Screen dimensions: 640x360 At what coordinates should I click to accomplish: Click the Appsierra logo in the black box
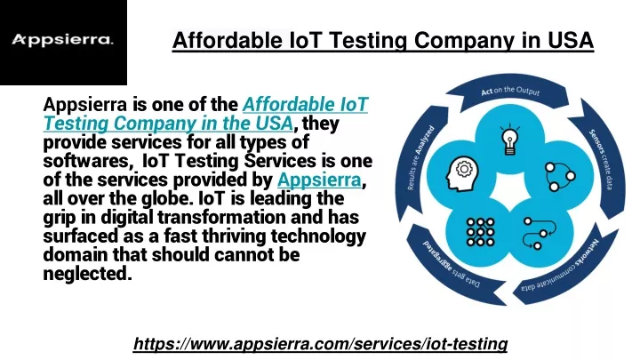pos(62,40)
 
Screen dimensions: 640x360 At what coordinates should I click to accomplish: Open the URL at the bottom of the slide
pos(320,344)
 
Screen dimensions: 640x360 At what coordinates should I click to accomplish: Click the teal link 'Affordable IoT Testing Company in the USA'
pos(205,114)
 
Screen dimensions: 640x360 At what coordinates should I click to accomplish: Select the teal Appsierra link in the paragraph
pos(319,180)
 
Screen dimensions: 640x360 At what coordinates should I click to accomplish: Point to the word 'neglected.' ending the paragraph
pos(88,274)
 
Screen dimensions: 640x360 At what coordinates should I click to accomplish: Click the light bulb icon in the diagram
pos(510,140)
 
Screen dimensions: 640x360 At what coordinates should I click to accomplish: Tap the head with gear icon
pos(462,174)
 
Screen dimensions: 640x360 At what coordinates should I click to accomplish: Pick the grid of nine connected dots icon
pos(480,232)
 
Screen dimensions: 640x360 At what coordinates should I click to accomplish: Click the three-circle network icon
pos(560,176)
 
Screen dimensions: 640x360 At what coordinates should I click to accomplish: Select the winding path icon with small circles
pos(540,233)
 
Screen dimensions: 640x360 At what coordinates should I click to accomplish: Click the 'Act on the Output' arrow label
pos(510,91)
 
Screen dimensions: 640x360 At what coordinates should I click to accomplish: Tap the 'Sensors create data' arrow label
pos(601,160)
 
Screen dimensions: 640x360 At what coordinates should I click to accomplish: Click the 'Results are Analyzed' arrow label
pos(420,158)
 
